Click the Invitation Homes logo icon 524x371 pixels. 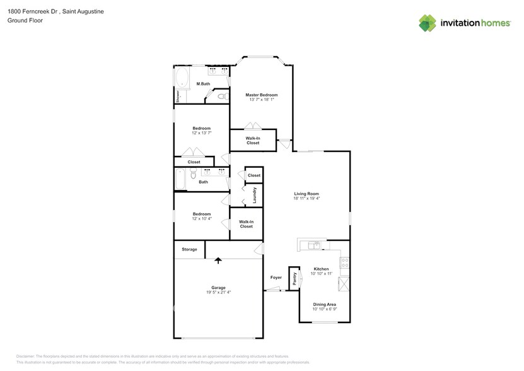(428, 23)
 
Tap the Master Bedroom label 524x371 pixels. (261, 95)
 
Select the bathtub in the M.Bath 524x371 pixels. (182, 79)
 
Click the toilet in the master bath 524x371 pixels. (221, 97)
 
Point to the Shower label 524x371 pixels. (178, 96)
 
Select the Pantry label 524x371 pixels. (294, 279)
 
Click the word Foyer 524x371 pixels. (276, 277)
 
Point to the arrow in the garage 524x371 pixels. (218, 259)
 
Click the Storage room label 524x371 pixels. (189, 249)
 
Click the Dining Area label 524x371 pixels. (324, 304)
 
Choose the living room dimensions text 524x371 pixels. (306, 198)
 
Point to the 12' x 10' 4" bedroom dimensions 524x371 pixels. (201, 218)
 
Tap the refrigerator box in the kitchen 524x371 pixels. (344, 283)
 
